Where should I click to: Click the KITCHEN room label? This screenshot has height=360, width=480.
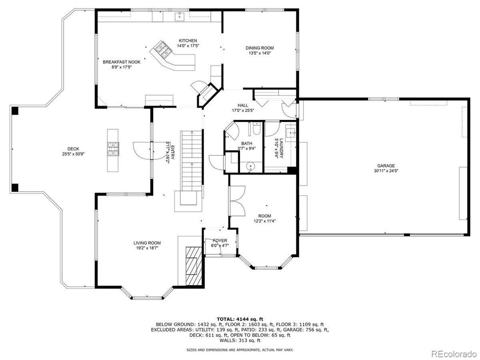[x=188, y=41]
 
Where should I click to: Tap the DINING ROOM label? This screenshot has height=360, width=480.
[x=259, y=48]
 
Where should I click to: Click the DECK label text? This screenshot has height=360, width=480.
[x=73, y=149]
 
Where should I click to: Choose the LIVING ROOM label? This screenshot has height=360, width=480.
[x=147, y=243]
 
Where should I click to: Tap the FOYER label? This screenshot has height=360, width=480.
[x=219, y=240]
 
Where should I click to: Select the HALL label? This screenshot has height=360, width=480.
[x=243, y=105]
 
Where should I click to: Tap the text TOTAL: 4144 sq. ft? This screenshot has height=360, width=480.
[x=240, y=318]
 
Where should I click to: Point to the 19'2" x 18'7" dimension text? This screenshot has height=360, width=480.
[x=147, y=248]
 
